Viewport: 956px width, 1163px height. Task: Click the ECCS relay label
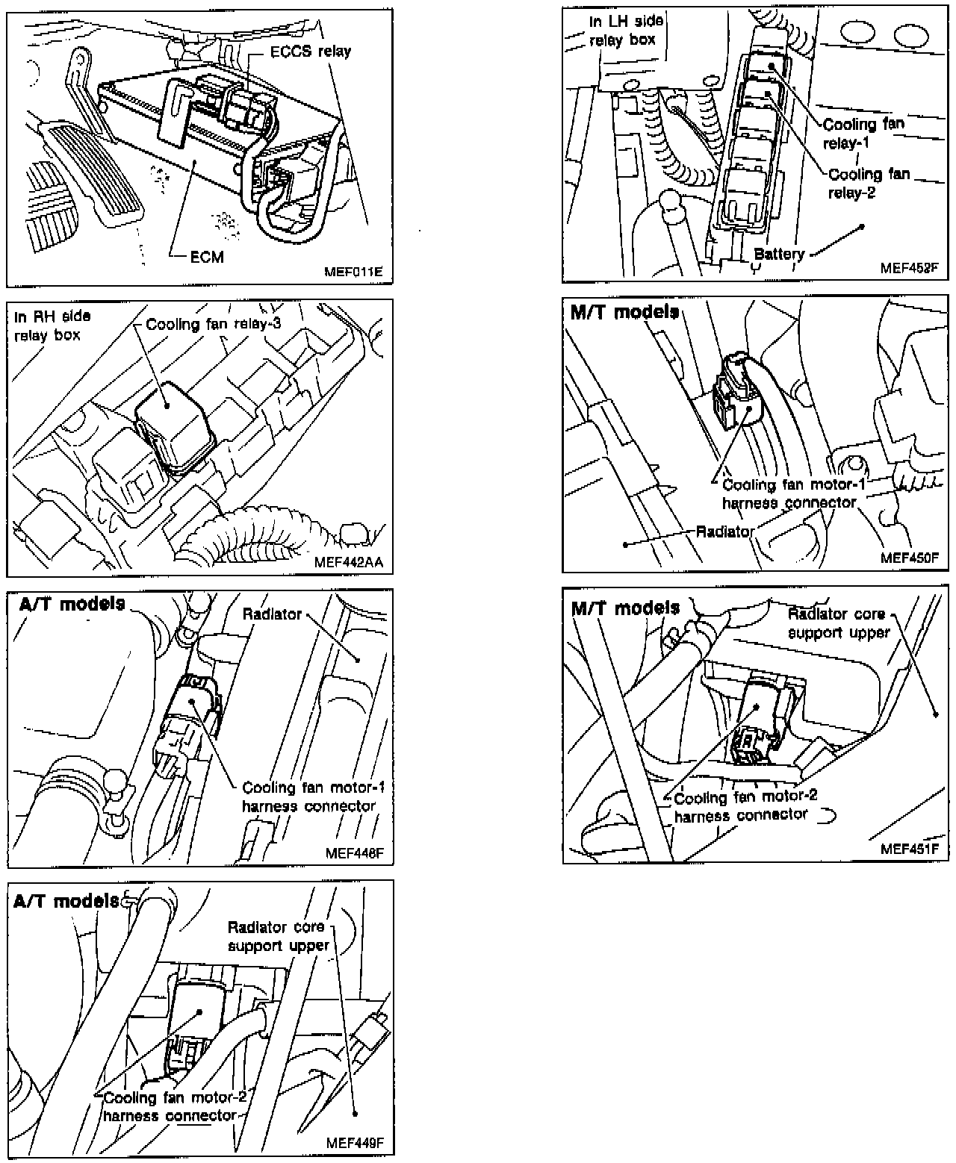(310, 52)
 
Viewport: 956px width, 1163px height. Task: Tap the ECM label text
(206, 257)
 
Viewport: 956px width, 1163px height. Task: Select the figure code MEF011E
(353, 272)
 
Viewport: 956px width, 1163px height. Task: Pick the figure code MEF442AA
(349, 562)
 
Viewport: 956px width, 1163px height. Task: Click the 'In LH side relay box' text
(626, 31)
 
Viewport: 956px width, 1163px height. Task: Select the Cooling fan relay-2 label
(869, 183)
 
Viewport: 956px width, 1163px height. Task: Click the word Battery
(779, 255)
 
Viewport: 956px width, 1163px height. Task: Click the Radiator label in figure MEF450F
(724, 532)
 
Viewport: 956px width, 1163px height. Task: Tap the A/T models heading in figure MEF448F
(72, 604)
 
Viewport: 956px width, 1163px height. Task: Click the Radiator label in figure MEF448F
(272, 614)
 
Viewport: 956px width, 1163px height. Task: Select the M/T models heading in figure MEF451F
(625, 608)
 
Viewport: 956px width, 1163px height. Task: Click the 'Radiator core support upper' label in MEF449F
(277, 936)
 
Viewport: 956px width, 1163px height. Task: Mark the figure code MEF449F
(355, 1143)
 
